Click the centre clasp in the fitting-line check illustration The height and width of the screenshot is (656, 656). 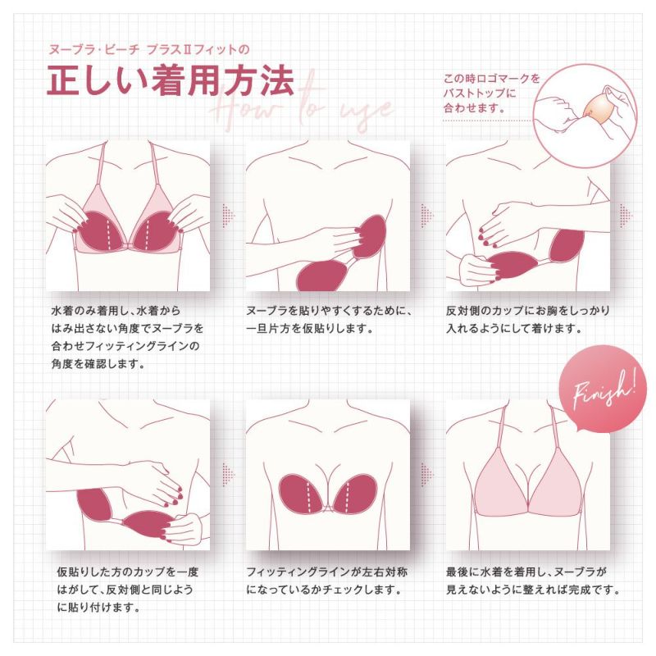[328, 506]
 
